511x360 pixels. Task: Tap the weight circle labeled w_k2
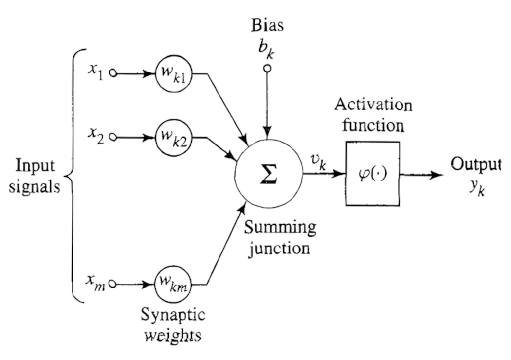[173, 137]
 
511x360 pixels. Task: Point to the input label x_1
[96, 72]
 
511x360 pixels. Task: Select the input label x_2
[96, 135]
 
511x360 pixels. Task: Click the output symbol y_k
[476, 189]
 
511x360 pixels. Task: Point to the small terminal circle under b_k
[267, 68]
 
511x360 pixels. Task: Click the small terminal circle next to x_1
[113, 74]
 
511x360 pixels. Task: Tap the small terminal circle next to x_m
[113, 284]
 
